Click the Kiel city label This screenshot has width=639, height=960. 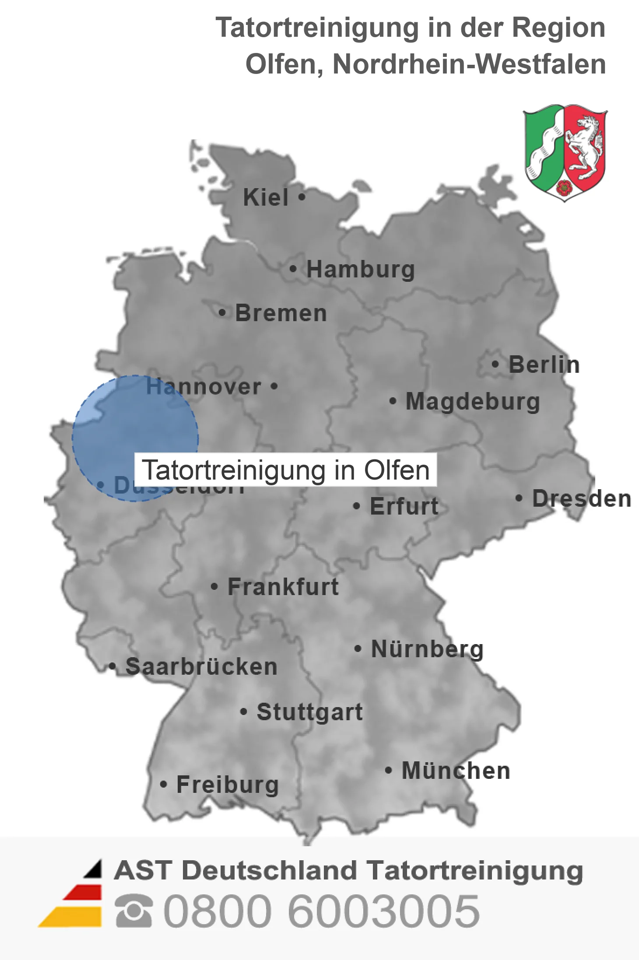coord(265,197)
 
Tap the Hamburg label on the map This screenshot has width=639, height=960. coord(360,269)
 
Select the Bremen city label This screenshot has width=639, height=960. coord(281,313)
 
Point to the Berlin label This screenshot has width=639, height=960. coord(544,365)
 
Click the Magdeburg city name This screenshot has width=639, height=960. coord(473,402)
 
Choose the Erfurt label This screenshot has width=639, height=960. coord(404,507)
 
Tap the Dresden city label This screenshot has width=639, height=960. coord(582,499)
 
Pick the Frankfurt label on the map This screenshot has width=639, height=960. coord(283,587)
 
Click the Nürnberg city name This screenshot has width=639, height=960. coord(427,649)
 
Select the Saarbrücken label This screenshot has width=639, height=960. coord(201,667)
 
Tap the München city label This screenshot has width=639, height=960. coord(456,771)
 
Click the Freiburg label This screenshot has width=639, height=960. coord(228,785)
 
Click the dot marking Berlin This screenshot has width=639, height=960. coord(495,364)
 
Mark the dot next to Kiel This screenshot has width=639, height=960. coord(302,197)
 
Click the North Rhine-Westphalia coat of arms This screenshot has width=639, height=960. coord(565,152)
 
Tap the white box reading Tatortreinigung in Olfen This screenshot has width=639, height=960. coord(285,470)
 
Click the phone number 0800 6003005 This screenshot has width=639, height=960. coord(321,911)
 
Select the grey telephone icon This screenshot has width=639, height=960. coord(133,911)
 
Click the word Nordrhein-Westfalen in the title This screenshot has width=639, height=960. coord(469,64)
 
